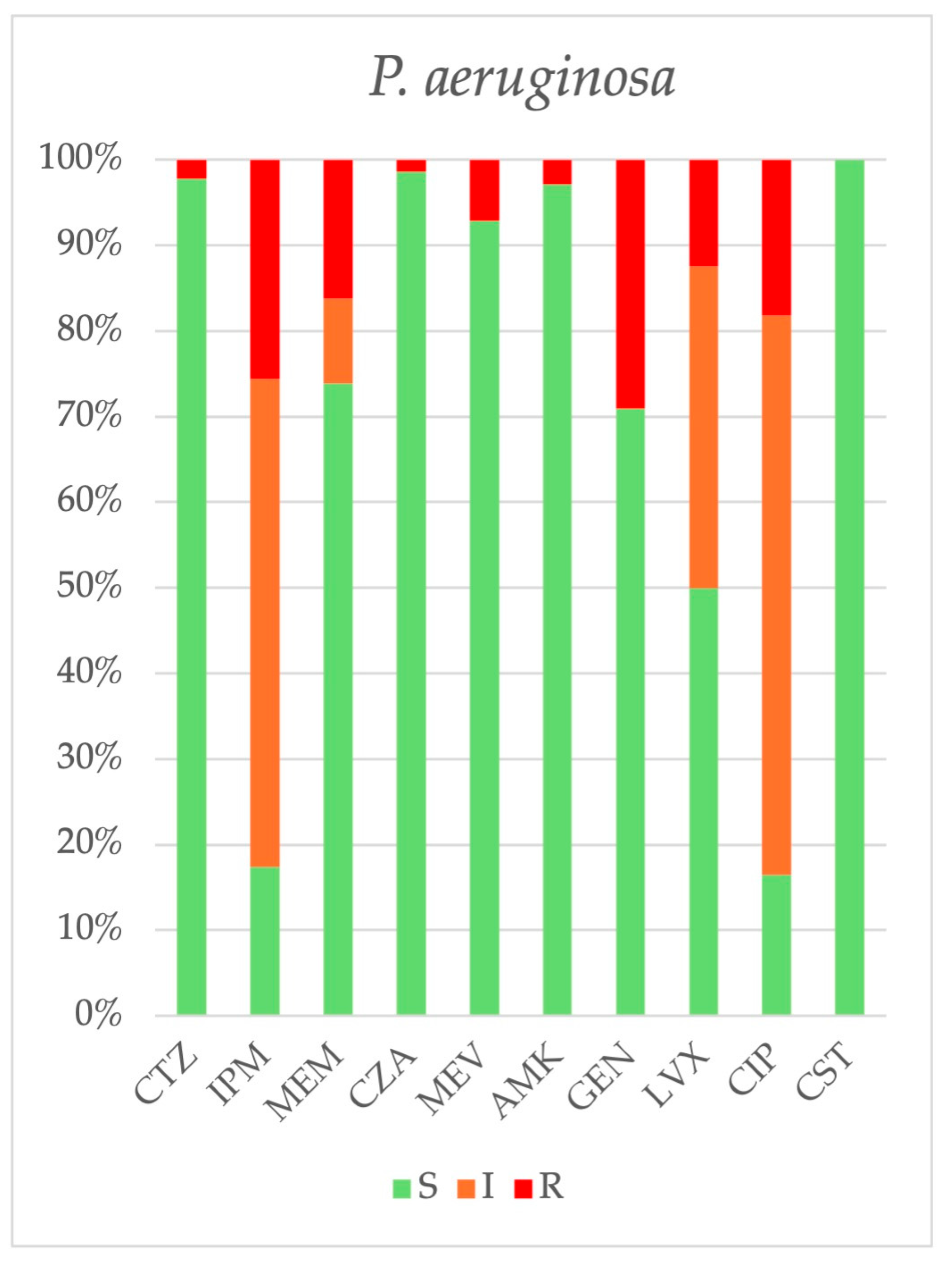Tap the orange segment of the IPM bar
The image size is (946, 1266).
[265, 623]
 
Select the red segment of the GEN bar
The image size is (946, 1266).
[630, 284]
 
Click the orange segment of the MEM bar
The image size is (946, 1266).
[338, 340]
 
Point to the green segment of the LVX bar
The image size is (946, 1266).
[704, 801]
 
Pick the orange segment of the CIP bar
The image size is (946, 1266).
[776, 595]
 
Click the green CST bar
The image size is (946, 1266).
[849, 587]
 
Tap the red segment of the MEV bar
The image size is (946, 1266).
[484, 190]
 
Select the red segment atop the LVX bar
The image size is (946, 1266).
[704, 213]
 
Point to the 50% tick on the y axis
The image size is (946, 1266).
[89, 588]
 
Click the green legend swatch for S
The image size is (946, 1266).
[402, 1189]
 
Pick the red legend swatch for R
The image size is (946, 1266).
[523, 1189]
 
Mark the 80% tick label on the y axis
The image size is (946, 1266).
[89, 331]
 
